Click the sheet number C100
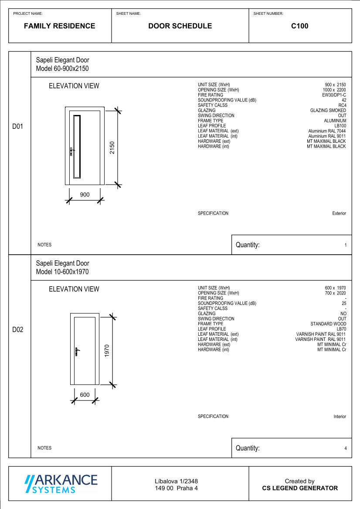(x=300, y=26)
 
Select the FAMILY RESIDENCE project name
(x=59, y=26)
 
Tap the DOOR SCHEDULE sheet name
(x=180, y=26)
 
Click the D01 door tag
(x=17, y=127)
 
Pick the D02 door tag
(x=17, y=330)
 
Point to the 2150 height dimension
(x=112, y=148)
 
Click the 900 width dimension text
(x=85, y=195)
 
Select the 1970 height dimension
(x=107, y=351)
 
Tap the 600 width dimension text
(x=85, y=395)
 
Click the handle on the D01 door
(x=71, y=151)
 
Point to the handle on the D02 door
(x=76, y=351)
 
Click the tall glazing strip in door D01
(x=77, y=146)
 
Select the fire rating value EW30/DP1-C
(x=334, y=95)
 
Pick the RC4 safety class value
(x=342, y=105)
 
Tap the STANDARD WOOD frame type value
(x=328, y=324)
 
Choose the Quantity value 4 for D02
(x=346, y=448)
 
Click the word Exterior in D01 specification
(x=339, y=213)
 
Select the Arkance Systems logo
(x=61, y=484)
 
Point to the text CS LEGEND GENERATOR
(x=300, y=488)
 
